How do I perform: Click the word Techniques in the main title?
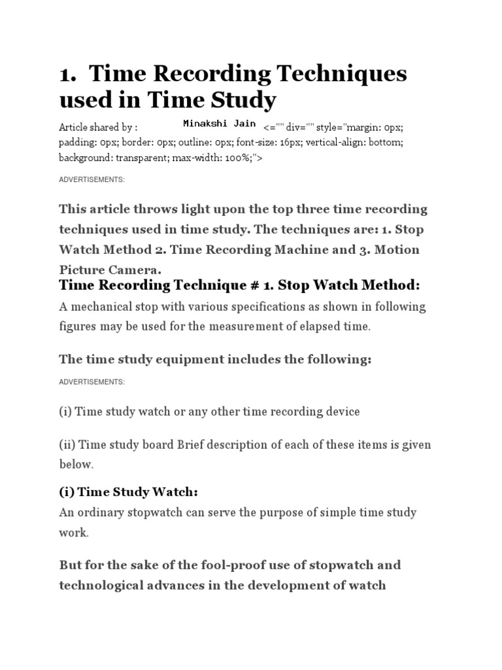pyautogui.click(x=335, y=74)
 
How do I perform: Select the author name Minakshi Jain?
pyautogui.click(x=219, y=124)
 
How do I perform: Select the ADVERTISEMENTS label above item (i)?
pyautogui.click(x=92, y=381)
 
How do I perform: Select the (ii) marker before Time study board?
pyautogui.click(x=66, y=445)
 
